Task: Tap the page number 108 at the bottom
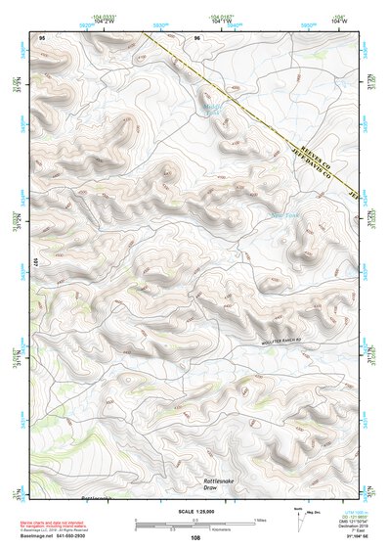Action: coord(195,537)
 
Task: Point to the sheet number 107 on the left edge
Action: coord(34,263)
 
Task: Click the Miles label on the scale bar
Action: coord(260,519)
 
